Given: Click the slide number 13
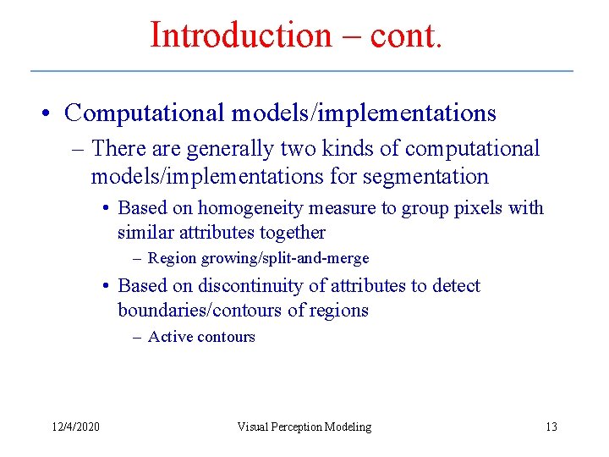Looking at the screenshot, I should coord(551,427).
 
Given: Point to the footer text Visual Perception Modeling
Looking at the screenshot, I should coord(304,427).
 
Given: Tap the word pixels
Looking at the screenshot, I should coord(481,208).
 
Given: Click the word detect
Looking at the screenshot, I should coord(455,286).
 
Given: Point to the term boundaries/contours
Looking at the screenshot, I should coord(200,311).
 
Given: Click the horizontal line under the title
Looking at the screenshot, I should coord(301,70).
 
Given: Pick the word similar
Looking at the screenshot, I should coord(145,233).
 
